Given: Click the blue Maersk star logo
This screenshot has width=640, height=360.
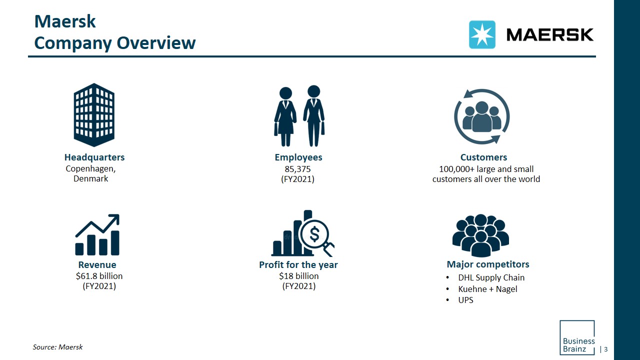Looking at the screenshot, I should (482, 34).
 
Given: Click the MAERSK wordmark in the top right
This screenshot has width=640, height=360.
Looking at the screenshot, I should (550, 34).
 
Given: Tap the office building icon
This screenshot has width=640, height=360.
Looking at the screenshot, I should (94, 114).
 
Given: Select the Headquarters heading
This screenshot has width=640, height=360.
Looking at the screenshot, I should (94, 157).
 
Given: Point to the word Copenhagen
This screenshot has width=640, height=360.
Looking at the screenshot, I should (90, 168).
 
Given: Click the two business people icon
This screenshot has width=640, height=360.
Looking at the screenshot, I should (299, 116).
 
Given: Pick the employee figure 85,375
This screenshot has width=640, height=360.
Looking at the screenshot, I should (298, 169).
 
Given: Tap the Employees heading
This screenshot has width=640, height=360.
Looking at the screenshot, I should (298, 157).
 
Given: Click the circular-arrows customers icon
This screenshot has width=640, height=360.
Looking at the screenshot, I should (482, 116).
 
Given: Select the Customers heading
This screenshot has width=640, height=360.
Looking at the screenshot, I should (483, 157).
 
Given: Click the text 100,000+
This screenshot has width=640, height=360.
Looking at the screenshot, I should (457, 169).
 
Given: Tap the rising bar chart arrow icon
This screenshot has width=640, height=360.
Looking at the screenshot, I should (97, 235).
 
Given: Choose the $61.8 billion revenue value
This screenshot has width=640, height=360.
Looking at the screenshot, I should (99, 276).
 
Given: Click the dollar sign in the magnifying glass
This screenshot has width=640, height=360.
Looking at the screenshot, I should (314, 233).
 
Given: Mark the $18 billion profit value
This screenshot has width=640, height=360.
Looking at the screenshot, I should (298, 276).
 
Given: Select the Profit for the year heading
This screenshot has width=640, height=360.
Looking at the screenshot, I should (298, 264).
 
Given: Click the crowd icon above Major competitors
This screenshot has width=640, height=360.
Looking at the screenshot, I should (480, 235).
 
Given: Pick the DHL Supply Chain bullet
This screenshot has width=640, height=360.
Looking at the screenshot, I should (491, 277).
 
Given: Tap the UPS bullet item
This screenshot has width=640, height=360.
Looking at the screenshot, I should (465, 300).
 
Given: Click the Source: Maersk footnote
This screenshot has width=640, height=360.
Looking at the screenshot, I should (57, 346).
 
